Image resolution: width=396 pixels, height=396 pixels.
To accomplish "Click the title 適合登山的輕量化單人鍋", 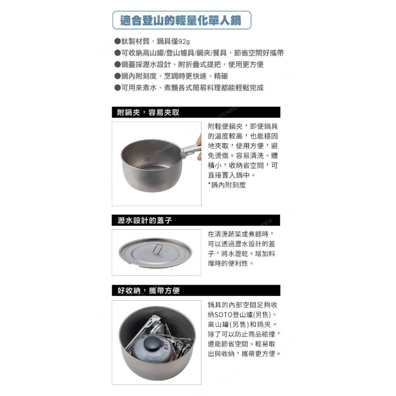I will coord(182,20).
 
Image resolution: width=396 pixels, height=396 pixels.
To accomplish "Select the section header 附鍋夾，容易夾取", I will coord(148,112).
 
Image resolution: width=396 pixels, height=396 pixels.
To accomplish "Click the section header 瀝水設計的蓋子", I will coord(145,221).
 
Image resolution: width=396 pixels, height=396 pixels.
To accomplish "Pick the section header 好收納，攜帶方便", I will coord(149,291).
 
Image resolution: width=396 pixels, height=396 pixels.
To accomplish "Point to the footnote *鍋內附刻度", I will coord(227,185).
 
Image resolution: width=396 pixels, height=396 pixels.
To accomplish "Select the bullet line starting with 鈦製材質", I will coord(152,42).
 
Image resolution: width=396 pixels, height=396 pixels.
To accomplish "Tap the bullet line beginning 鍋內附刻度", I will coord(171,76).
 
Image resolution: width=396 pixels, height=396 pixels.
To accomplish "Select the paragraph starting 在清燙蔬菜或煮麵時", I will coord(241,248).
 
